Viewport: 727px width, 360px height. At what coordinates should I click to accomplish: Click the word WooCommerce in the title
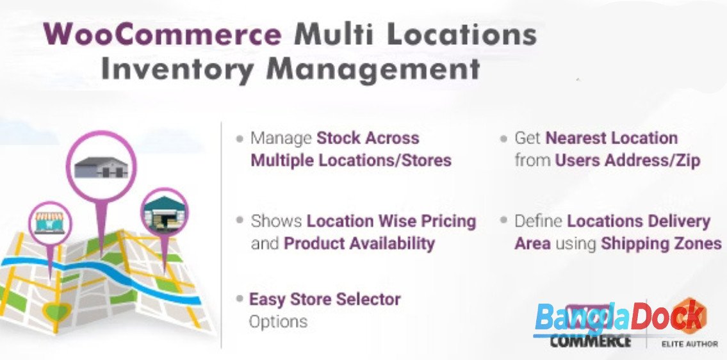pyautogui.click(x=162, y=34)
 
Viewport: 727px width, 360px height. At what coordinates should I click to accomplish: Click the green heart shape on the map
pyautogui.click(x=58, y=311)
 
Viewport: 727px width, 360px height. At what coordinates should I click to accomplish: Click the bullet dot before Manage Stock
pyautogui.click(x=240, y=138)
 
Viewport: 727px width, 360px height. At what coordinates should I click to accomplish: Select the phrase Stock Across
pyautogui.click(x=368, y=138)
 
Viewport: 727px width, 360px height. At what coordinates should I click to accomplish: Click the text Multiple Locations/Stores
pyautogui.click(x=351, y=161)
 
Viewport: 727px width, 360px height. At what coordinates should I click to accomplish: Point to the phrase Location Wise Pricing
pyautogui.click(x=391, y=221)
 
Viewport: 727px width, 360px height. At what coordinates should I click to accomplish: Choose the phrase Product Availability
pyautogui.click(x=359, y=243)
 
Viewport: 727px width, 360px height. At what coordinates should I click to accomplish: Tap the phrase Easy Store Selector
pyautogui.click(x=325, y=299)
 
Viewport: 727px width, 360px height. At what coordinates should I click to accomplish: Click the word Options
pyautogui.click(x=278, y=322)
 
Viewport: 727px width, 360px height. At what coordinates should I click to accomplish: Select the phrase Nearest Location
pyautogui.click(x=612, y=138)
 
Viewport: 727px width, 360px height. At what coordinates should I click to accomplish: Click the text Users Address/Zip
pyautogui.click(x=627, y=161)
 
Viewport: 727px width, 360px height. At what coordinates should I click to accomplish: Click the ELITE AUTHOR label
pyautogui.click(x=689, y=344)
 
